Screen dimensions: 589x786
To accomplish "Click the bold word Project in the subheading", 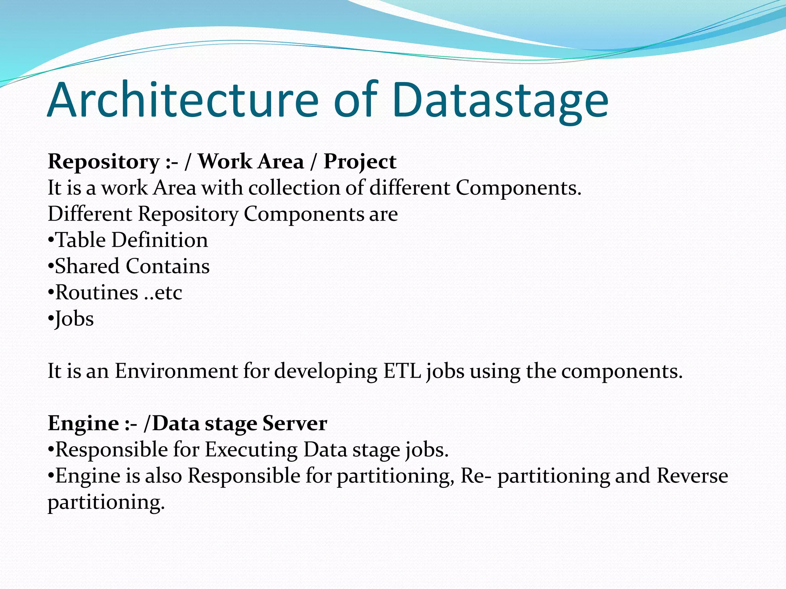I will pos(360,162).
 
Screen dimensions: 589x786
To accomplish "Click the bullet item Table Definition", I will pos(128,240).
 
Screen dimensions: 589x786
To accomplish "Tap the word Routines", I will pos(97,293).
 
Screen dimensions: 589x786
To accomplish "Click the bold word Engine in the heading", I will pos(83,424).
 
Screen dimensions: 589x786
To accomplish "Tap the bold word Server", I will pos(294,424).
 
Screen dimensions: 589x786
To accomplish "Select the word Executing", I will pos(251,450).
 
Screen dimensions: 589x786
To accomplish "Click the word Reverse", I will pos(692,476).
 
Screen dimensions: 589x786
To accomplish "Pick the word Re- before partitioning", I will pos(476,476).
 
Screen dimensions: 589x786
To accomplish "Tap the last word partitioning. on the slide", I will pos(106,503).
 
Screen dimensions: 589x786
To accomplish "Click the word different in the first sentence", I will pos(410,188).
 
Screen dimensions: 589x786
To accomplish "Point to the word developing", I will pos(326,372).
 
